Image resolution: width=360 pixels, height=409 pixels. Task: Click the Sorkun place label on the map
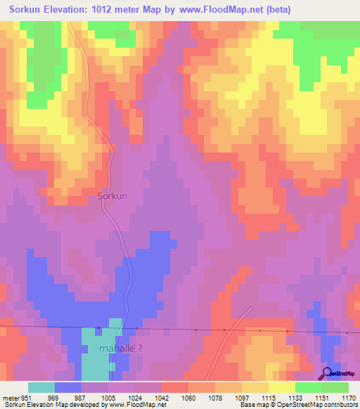(x=112, y=196)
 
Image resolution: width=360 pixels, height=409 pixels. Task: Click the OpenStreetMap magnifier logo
(x=326, y=374)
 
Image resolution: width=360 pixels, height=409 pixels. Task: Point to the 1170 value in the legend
(x=349, y=398)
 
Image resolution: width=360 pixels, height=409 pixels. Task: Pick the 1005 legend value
(x=108, y=398)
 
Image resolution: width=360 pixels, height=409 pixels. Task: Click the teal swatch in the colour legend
(x=41, y=387)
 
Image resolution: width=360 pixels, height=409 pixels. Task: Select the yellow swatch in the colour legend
(x=281, y=387)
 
